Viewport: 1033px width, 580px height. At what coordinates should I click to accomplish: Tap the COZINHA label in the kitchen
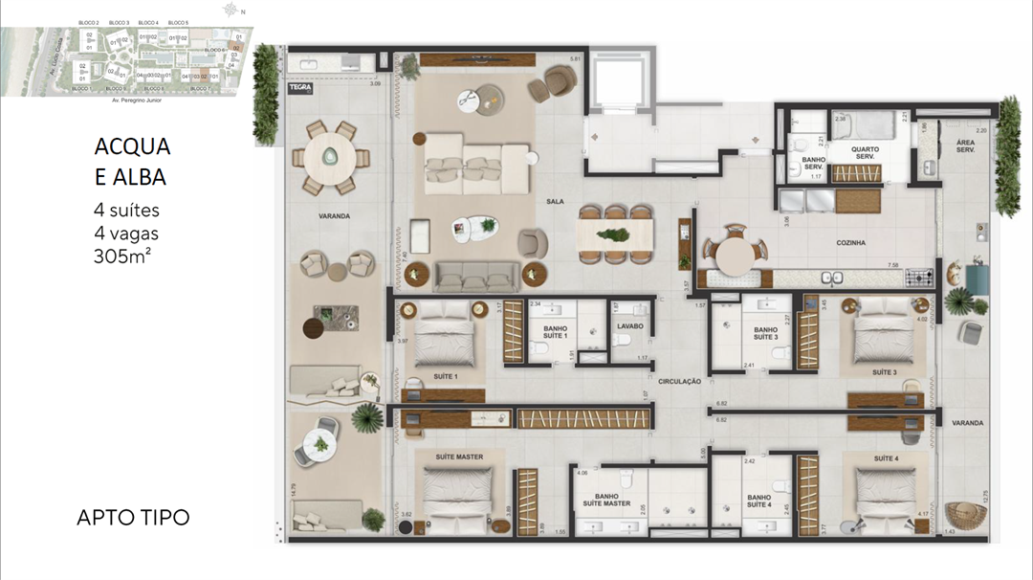[849, 243]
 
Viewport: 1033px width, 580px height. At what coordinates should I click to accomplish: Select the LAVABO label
[629, 326]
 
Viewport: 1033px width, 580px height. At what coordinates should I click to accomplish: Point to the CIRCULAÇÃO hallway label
[679, 381]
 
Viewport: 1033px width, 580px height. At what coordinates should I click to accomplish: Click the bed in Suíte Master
[460, 494]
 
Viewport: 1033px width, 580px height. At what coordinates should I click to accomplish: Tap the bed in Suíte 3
[884, 334]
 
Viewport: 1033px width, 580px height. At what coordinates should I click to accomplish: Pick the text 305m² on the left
[122, 256]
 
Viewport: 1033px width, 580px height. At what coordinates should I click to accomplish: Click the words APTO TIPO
[132, 518]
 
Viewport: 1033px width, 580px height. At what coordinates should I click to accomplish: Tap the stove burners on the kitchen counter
[919, 279]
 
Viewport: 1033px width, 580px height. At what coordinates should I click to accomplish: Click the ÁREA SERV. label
[965, 145]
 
